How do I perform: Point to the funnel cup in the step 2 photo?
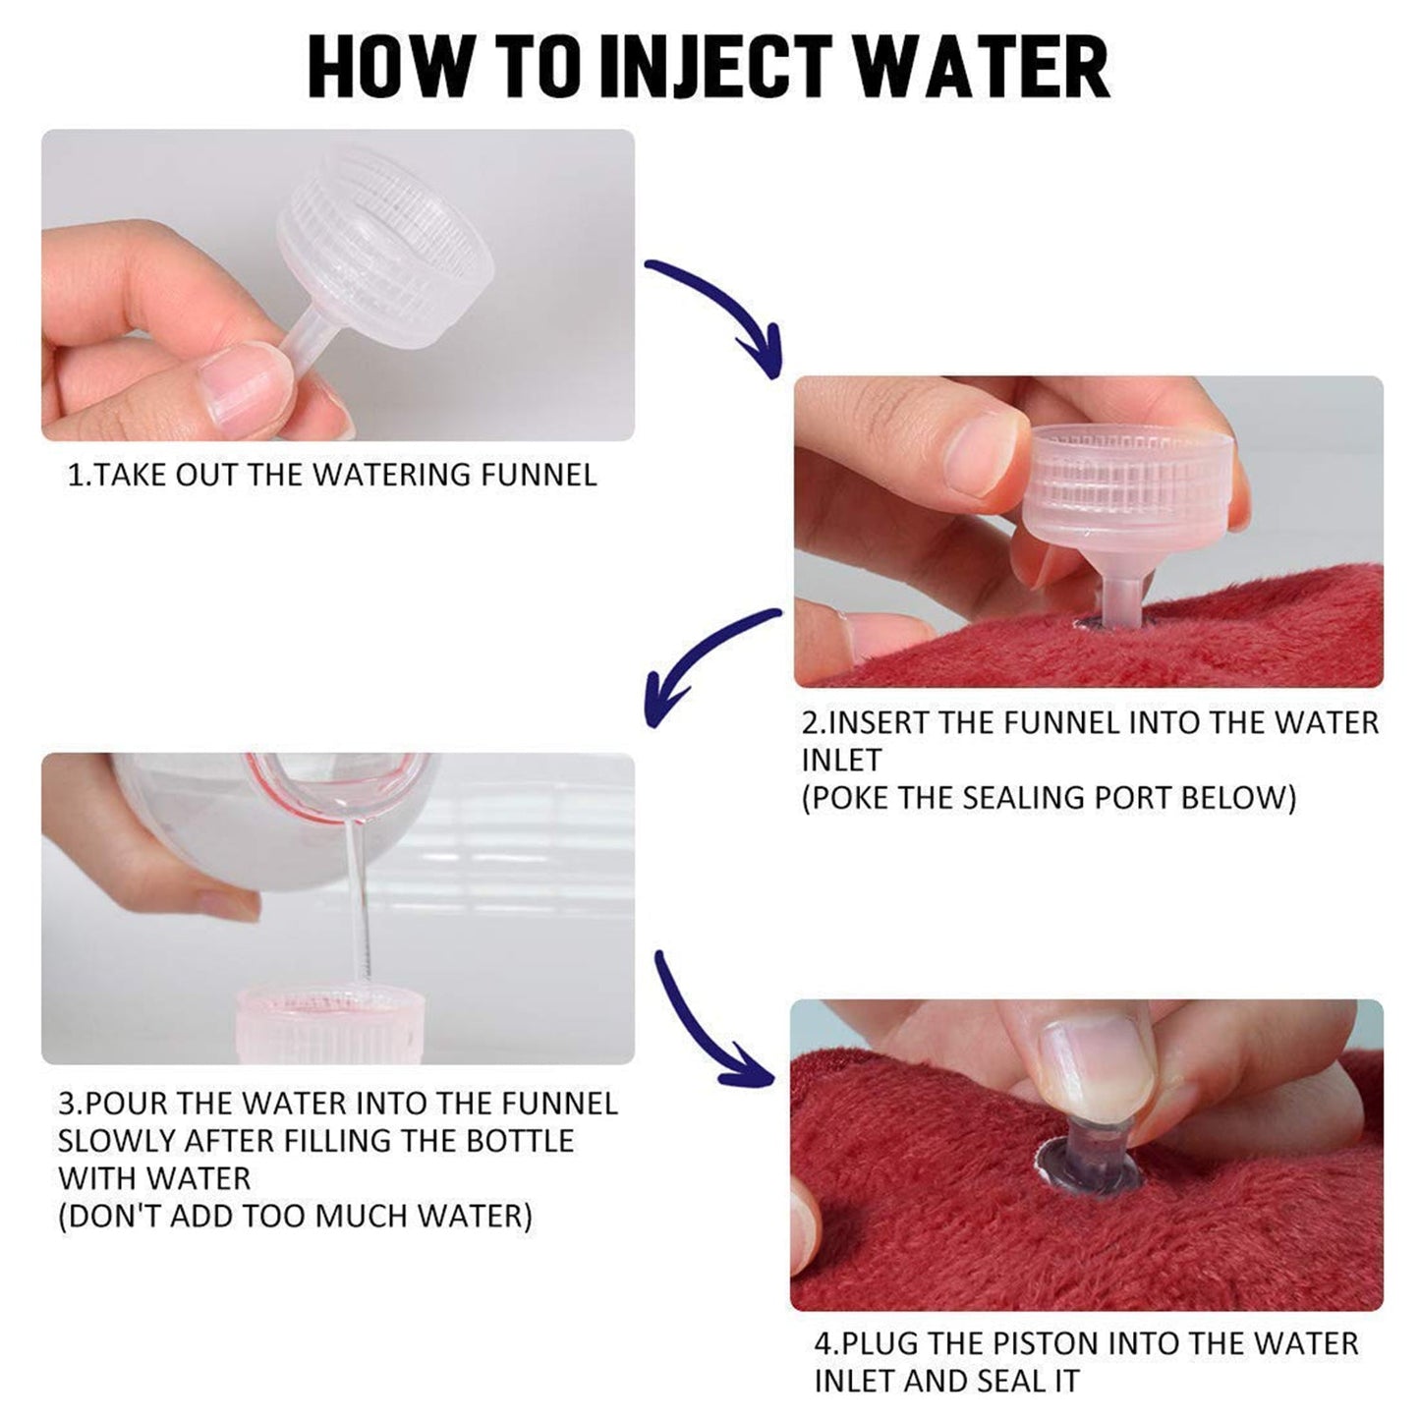coord(1120,482)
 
